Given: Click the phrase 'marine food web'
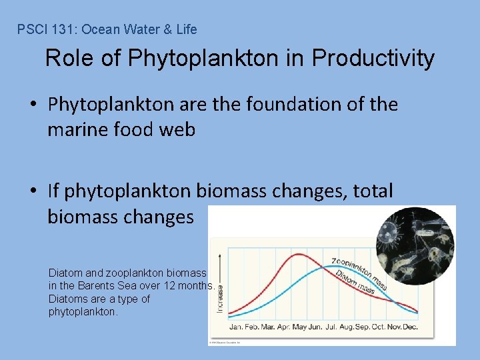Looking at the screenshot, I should tap(121, 129).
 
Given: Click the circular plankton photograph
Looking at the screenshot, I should tap(415, 237).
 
